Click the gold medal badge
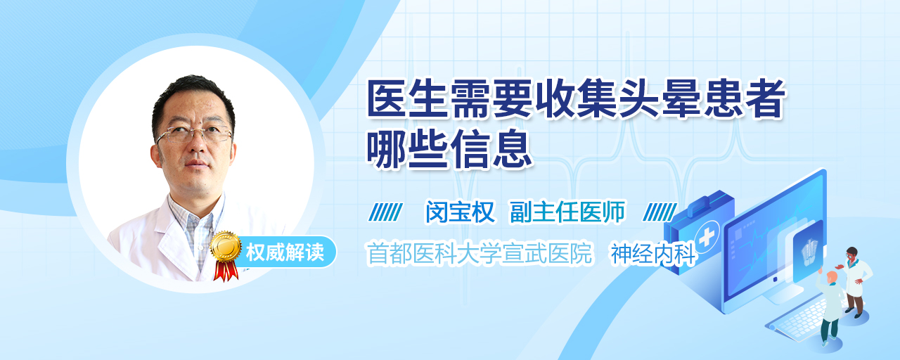[226, 246]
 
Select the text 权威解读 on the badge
[285, 252]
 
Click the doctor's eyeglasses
[195, 134]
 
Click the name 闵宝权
[461, 212]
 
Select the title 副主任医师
[567, 212]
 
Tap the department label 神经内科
[653, 254]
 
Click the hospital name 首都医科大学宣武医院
[480, 253]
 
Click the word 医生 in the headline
[408, 99]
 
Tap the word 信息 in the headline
[491, 150]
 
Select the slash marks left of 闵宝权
[386, 212]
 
